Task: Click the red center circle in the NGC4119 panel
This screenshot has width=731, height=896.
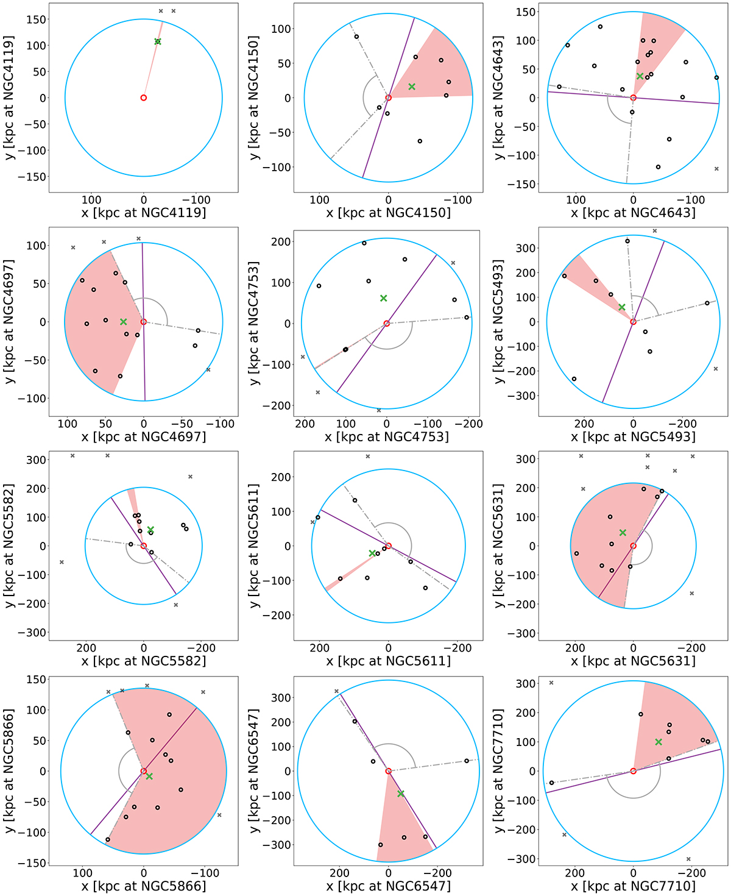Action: (144, 98)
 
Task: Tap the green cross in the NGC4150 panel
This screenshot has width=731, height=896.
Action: (412, 87)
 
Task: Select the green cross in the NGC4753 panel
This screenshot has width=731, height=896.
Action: (384, 298)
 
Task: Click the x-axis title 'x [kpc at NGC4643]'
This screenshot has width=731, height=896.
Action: (633, 213)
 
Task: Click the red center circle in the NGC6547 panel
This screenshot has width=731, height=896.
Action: (389, 771)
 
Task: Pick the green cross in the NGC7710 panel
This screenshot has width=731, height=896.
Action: (659, 742)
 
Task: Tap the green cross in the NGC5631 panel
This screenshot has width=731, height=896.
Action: (623, 533)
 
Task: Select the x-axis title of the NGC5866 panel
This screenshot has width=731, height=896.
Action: (144, 886)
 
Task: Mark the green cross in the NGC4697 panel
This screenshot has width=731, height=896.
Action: (124, 321)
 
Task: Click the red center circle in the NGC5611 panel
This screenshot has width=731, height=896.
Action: (389, 546)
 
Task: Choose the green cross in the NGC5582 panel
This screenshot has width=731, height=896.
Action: (150, 530)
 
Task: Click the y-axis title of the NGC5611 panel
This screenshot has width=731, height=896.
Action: (255, 546)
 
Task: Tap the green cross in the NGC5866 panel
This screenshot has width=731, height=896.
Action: (149, 776)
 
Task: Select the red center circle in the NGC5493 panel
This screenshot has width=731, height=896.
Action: (634, 322)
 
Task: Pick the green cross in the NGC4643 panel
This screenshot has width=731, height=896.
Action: (640, 76)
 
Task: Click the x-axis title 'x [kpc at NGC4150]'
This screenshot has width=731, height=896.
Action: (389, 213)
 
